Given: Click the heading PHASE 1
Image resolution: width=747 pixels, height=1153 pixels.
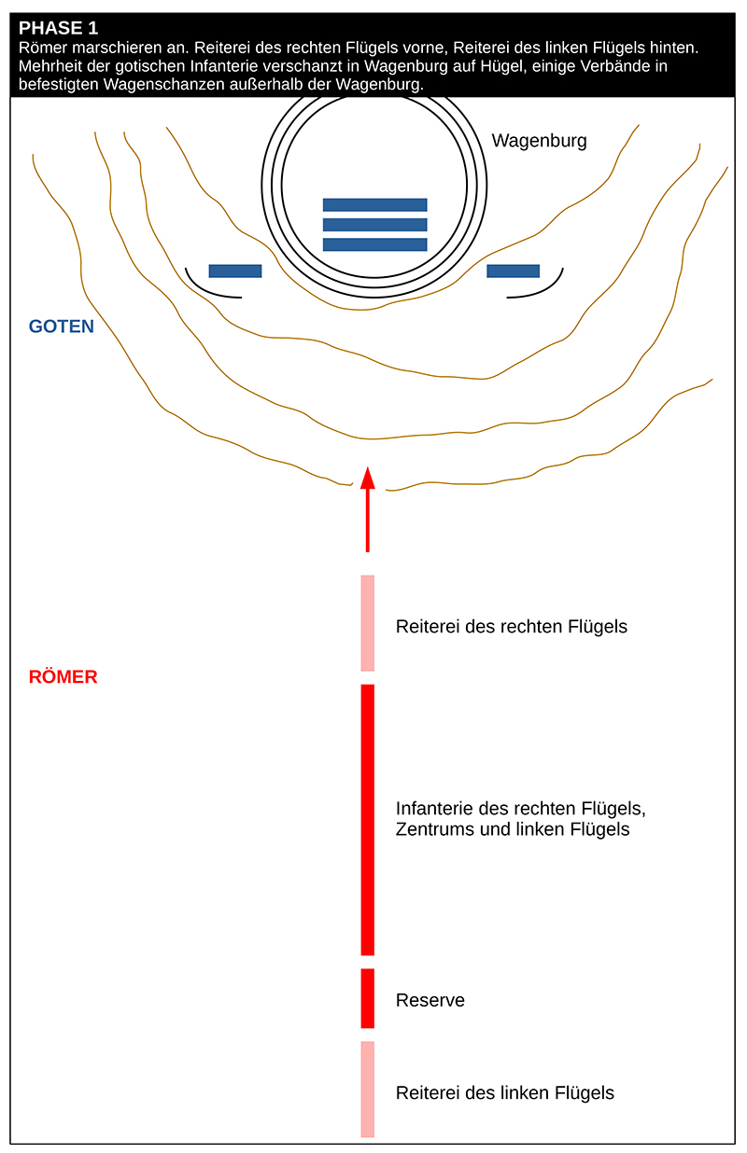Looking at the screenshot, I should (x=58, y=28).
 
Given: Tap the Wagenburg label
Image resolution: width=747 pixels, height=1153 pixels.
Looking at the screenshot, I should (x=539, y=142).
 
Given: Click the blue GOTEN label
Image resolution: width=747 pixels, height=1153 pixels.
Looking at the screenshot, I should (x=62, y=326).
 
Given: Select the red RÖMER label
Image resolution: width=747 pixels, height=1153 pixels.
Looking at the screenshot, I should (x=63, y=677).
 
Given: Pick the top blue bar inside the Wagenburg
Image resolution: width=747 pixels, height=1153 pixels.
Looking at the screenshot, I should (x=374, y=204).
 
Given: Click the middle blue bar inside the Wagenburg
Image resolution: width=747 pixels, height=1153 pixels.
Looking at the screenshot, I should (x=374, y=225).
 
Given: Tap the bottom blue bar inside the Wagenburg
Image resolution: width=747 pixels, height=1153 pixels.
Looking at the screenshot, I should (x=374, y=244).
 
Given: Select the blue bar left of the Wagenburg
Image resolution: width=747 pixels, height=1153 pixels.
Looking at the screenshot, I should (x=235, y=271).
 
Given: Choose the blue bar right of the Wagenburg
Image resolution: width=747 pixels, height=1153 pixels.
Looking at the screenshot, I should (x=513, y=271).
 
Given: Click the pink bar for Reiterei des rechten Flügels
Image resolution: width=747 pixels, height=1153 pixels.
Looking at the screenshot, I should (x=368, y=623).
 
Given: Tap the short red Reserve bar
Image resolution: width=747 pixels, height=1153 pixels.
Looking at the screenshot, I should (x=368, y=998).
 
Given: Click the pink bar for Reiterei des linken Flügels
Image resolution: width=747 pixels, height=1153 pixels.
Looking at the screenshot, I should (x=368, y=1089).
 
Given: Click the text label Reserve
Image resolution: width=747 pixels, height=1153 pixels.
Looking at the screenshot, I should (x=430, y=1001).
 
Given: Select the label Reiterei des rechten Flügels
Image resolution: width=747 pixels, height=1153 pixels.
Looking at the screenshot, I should (x=511, y=627).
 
